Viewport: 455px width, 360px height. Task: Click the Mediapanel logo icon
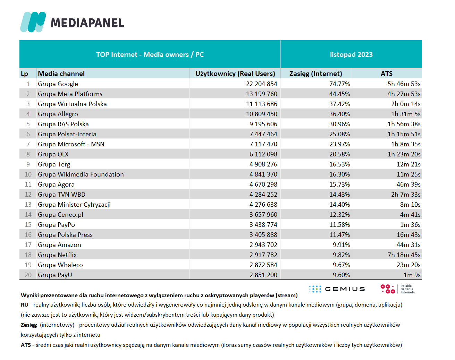pos(33,22)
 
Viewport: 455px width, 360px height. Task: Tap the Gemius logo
pos(337,289)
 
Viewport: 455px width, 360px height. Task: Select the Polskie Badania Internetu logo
pos(398,289)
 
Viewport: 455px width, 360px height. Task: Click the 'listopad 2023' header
pos(351,54)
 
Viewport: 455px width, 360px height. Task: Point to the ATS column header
pos(387,74)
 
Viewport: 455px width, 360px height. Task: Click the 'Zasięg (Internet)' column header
pos(316,74)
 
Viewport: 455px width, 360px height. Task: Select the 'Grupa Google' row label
pos(58,84)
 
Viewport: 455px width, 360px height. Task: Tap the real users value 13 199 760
pos(262,94)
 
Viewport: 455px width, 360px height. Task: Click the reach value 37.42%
pos(339,104)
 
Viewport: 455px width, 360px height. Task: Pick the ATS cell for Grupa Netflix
pos(404,255)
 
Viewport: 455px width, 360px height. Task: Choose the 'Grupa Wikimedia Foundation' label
pos(81,174)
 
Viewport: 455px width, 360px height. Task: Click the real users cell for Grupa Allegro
pos(262,114)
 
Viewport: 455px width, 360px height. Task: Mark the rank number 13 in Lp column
pos(28,205)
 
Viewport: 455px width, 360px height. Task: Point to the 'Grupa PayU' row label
pos(55,275)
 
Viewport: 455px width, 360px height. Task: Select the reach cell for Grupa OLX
pos(339,154)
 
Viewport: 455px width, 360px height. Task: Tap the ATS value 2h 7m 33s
pos(406,194)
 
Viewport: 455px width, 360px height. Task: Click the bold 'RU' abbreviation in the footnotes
pos(25,305)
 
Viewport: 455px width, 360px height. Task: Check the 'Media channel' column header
pos(61,74)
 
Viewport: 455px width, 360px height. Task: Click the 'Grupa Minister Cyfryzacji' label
pos(74,205)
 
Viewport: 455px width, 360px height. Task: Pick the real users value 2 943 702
pos(263,245)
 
